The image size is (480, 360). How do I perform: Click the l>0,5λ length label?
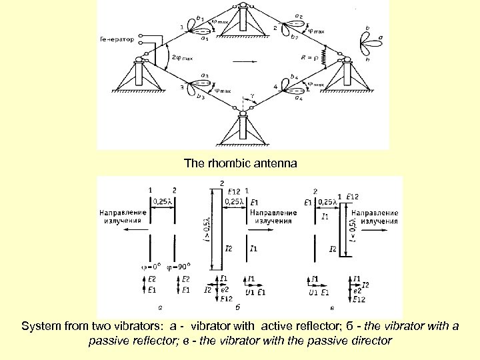tap(208, 226)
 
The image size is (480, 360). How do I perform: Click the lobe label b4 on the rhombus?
tap(294, 77)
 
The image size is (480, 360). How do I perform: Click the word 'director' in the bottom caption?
tap(375, 341)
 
